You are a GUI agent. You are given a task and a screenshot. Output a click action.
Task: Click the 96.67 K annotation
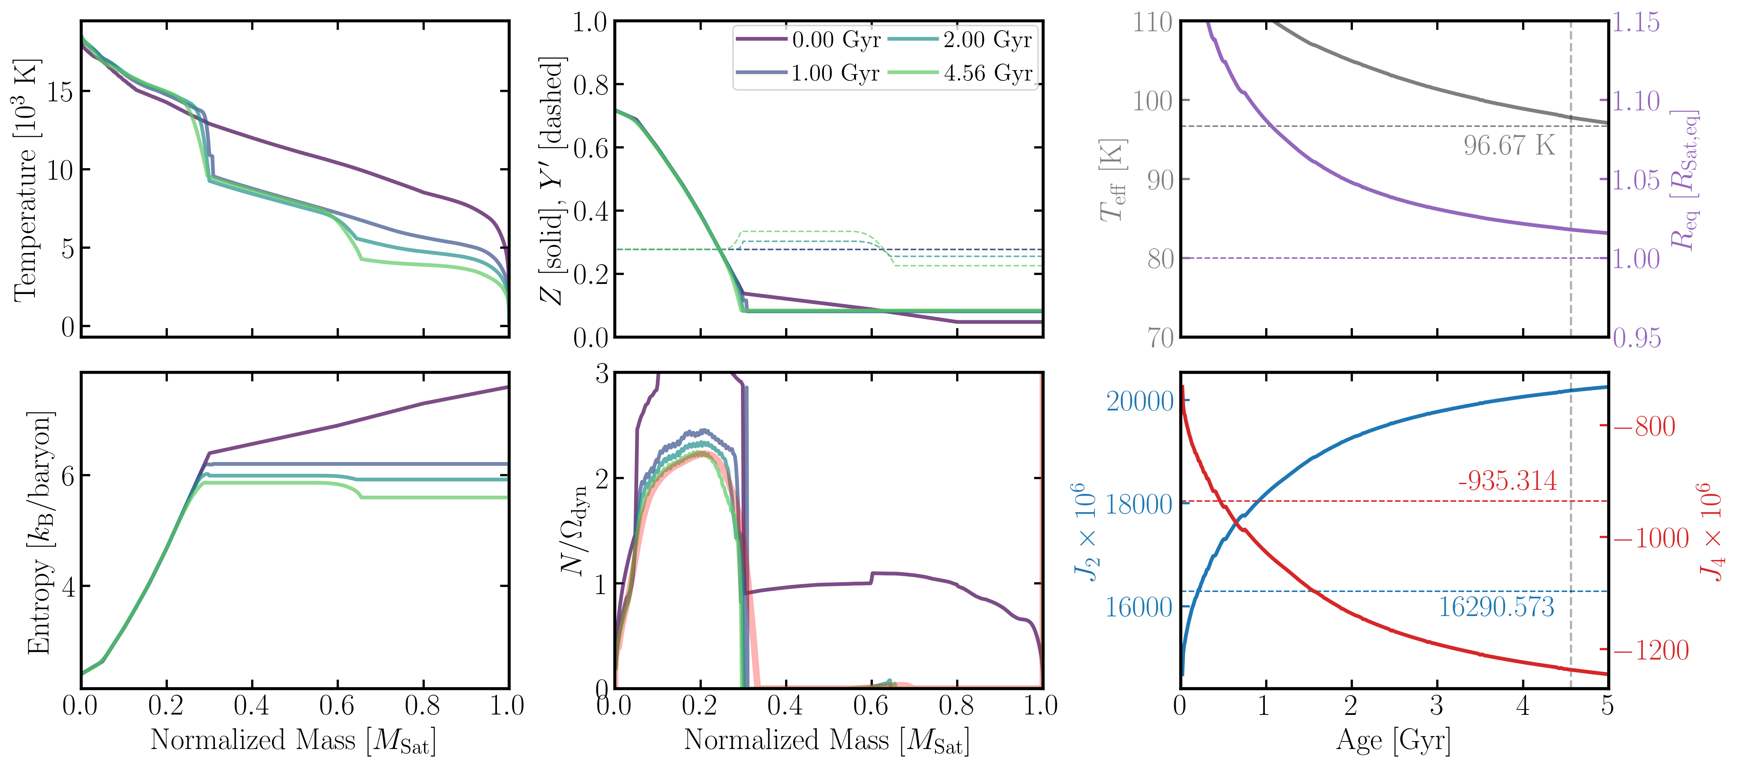click(1508, 146)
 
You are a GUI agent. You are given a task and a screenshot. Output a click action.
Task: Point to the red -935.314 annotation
click(1507, 481)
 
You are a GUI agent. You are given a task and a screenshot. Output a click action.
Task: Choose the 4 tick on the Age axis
click(1522, 706)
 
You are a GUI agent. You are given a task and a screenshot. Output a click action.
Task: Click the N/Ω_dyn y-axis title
click(575, 532)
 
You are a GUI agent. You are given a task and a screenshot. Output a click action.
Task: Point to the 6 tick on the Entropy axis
click(68, 476)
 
